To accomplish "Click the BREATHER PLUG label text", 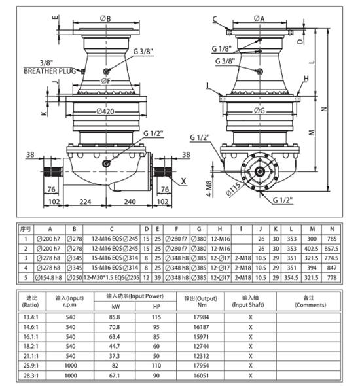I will click(x=48, y=70).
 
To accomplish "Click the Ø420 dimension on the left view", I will click(x=107, y=111).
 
